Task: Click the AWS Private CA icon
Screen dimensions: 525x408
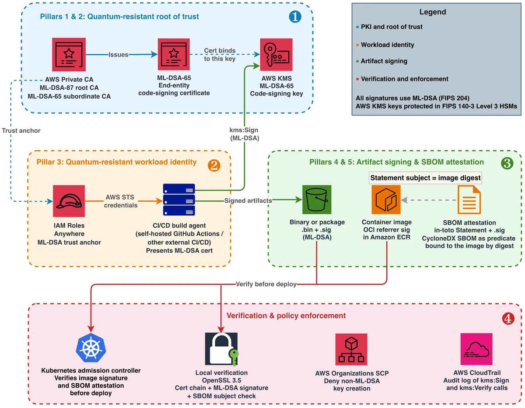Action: pyautogui.click(x=69, y=54)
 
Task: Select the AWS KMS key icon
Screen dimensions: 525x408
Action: pyautogui.click(x=276, y=54)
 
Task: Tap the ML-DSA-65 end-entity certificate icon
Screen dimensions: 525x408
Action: pyautogui.click(x=174, y=54)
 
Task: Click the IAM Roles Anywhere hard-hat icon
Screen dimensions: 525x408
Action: pyautogui.click(x=69, y=200)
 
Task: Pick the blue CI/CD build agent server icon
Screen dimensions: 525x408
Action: pyautogui.click(x=178, y=200)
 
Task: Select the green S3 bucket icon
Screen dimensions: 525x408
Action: pyautogui.click(x=316, y=200)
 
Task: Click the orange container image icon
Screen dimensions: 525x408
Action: pyautogui.click(x=385, y=200)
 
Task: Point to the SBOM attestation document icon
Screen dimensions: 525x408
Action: pyautogui.click(x=469, y=200)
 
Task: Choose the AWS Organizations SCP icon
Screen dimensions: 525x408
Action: pyautogui.click(x=351, y=349)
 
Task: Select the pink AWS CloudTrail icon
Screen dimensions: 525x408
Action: pyautogui.click(x=476, y=348)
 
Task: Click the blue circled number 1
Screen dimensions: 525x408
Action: pyautogui.click(x=295, y=17)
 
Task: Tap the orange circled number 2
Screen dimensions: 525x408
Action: pyautogui.click(x=214, y=165)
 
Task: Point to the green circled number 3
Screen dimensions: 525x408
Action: pyautogui.click(x=507, y=163)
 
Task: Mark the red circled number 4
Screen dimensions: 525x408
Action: pyautogui.click(x=508, y=318)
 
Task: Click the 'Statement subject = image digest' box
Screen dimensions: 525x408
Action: pyautogui.click(x=425, y=178)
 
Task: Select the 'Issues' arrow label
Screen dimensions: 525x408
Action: pyautogui.click(x=118, y=54)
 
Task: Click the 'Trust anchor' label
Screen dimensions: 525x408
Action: pyautogui.click(x=21, y=130)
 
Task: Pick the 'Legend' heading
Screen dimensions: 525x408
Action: pyautogui.click(x=432, y=12)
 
